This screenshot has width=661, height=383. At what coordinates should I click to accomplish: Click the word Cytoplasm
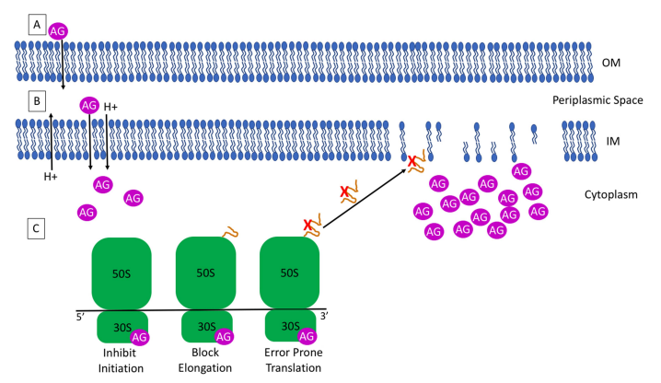point(612,194)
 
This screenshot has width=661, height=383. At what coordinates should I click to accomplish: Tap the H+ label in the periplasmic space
point(111,107)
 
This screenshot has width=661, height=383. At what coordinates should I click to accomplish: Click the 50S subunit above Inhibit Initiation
point(121,273)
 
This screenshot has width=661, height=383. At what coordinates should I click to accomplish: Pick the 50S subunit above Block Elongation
point(206,273)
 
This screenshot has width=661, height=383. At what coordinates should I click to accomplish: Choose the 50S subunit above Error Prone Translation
point(291,273)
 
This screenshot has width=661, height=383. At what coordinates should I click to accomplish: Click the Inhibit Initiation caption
point(122,360)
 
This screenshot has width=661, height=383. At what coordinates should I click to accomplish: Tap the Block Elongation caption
point(206,360)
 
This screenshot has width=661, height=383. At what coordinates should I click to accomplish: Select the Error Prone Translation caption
point(291,360)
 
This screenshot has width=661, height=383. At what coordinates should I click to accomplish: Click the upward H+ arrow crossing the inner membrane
point(52,138)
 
